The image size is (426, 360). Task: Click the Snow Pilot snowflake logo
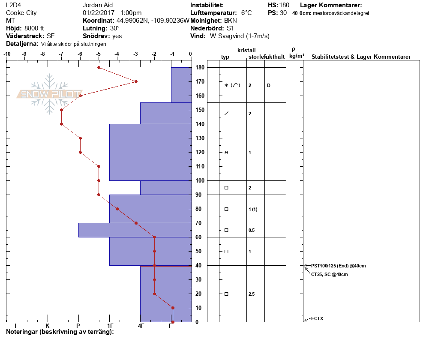49,94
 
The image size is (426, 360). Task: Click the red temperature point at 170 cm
136,81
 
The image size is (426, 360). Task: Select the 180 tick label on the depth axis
200,67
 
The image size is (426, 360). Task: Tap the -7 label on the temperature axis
61,54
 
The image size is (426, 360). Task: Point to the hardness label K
47,326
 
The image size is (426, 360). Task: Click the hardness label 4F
141,326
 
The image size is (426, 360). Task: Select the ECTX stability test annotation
317,318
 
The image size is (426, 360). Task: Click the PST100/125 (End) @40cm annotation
338,266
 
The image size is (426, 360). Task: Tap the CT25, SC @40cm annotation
329,274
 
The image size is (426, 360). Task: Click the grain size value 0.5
252,230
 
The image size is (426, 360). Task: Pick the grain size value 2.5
252,294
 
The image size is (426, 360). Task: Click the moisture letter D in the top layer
268,85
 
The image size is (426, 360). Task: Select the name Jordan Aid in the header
98,5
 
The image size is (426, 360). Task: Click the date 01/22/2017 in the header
98,13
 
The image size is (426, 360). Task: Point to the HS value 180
284,5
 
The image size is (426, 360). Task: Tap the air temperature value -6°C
246,13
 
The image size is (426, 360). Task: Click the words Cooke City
21,13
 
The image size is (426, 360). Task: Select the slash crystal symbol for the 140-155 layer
226,113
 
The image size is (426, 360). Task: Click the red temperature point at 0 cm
173,322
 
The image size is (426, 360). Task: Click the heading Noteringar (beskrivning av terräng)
60,332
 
